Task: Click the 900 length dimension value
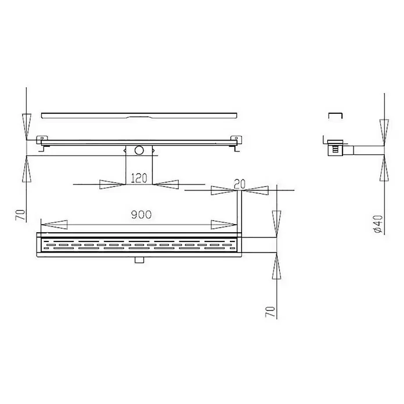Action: pos(141,215)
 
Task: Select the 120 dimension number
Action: pos(139,178)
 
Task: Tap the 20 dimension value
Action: pos(240,184)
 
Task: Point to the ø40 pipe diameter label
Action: pos(378,224)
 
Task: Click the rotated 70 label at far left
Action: pos(21,215)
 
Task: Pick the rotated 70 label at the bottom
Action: pos(270,312)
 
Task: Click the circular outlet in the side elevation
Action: pos(139,150)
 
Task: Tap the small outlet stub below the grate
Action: pos(139,259)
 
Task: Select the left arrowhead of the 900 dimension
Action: pos(54,225)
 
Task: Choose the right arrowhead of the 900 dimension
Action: pos(223,225)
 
